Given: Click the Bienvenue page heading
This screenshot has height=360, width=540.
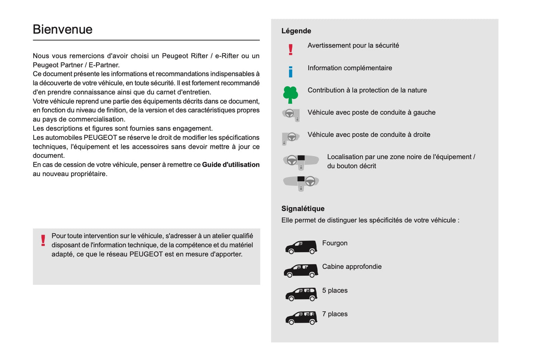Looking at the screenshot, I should coord(62,29).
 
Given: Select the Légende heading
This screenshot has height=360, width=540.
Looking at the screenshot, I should coord(296,31).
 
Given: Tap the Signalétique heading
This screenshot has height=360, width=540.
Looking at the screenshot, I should coord(303,209).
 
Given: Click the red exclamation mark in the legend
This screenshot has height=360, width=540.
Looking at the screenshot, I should coord(290,49).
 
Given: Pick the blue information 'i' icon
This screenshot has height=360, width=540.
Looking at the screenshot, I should coord(290,71).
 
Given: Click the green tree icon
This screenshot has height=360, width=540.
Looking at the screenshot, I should coord(290,95).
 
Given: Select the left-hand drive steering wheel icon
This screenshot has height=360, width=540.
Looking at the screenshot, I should coord(291,114).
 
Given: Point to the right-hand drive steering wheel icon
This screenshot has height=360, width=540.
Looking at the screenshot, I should coord(290,138).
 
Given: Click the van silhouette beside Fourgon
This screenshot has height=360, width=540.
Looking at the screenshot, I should coord(301,247).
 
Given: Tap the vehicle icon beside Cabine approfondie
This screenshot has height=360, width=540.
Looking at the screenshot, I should coord(301,271).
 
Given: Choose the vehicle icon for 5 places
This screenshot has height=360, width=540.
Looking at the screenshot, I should coord(301,295).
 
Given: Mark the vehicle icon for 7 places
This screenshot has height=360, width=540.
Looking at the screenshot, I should coord(301,318).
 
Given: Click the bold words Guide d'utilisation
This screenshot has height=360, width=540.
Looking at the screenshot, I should coord(231,165).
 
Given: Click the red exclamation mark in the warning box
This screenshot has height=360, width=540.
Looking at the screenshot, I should coord(43,240).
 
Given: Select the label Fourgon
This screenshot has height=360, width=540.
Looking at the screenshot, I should coord(334,243).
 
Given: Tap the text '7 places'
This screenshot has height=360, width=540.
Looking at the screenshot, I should coord(334,314).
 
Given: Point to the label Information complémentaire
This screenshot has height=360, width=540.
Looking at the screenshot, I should coord(349,68).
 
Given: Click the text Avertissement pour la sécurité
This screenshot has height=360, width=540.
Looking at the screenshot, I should coord(353,46).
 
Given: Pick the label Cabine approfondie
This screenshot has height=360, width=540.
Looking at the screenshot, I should coord(352,267).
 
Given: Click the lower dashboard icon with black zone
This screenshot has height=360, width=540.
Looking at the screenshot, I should coord(301,183).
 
